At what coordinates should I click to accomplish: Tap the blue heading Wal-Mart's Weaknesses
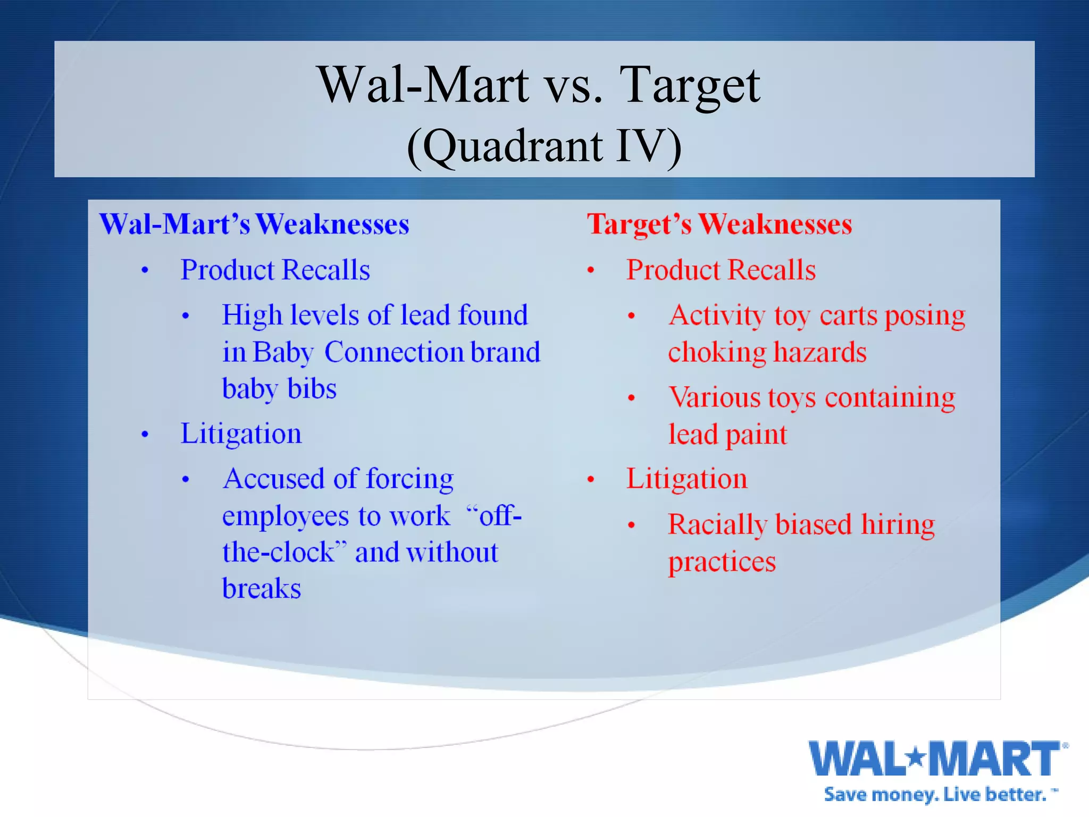(254, 224)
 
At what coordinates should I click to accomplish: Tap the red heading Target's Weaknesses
(719, 224)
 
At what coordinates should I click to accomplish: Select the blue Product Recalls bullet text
(275, 270)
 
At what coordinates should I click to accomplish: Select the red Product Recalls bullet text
(721, 270)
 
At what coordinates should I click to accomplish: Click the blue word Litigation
(241, 433)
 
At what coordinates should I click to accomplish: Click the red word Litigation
(686, 479)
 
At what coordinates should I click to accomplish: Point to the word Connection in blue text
(394, 352)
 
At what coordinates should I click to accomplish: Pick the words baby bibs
(279, 389)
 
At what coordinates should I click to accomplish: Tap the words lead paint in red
(727, 435)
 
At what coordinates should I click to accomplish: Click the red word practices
(722, 562)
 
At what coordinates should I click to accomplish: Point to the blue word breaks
(262, 589)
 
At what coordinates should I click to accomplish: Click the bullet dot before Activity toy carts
(631, 316)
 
